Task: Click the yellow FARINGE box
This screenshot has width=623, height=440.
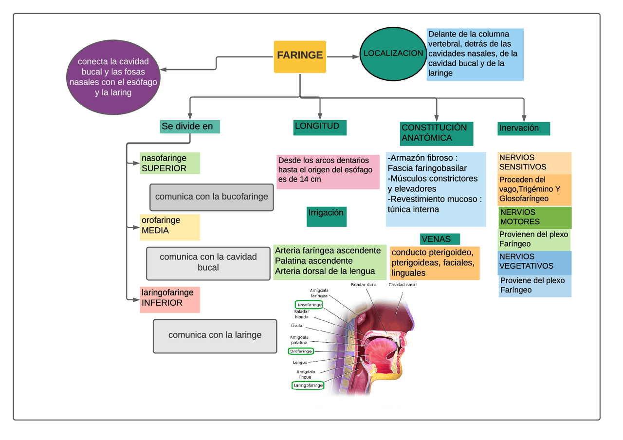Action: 300,57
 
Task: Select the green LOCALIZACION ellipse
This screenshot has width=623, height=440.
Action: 393,54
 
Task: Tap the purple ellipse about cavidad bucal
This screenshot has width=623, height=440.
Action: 113,77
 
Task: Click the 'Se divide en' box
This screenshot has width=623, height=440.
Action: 190,127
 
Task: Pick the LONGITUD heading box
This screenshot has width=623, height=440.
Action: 320,128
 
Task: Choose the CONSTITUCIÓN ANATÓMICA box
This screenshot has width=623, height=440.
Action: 437,133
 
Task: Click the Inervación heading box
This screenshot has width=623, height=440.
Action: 524,128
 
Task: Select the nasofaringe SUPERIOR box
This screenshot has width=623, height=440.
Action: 170,163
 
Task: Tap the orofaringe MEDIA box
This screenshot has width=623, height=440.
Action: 170,227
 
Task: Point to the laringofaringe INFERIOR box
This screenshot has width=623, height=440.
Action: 170,299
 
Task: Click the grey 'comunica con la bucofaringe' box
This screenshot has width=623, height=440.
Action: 211,197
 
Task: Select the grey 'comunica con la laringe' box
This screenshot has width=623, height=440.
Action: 215,336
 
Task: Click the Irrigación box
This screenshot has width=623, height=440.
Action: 327,217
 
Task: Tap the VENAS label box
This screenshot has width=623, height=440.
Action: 440,239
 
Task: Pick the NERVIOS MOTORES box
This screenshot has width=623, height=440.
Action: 535,218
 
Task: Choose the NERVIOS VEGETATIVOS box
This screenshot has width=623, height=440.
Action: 535,263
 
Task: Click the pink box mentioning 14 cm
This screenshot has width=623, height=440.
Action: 328,172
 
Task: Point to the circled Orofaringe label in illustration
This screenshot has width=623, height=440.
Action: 301,351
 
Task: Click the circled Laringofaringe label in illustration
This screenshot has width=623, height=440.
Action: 308,385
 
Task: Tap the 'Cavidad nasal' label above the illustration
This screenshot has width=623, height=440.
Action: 402,285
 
